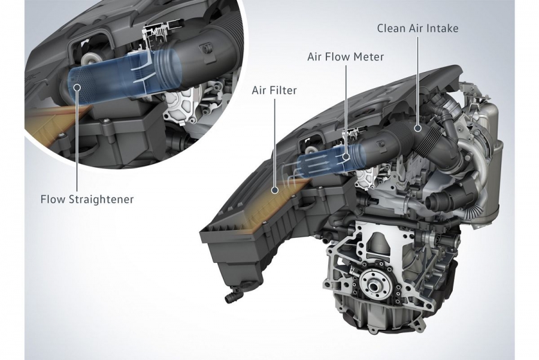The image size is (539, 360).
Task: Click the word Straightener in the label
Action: (101, 199)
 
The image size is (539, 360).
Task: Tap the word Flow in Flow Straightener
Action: (54, 199)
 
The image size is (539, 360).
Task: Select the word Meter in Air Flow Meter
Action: (370, 56)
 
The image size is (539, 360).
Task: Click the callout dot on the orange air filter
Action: (275, 190)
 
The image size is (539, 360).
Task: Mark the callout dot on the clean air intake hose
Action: (417, 128)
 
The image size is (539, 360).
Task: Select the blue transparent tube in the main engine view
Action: (326, 159)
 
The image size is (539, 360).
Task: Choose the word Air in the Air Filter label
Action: (259, 90)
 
